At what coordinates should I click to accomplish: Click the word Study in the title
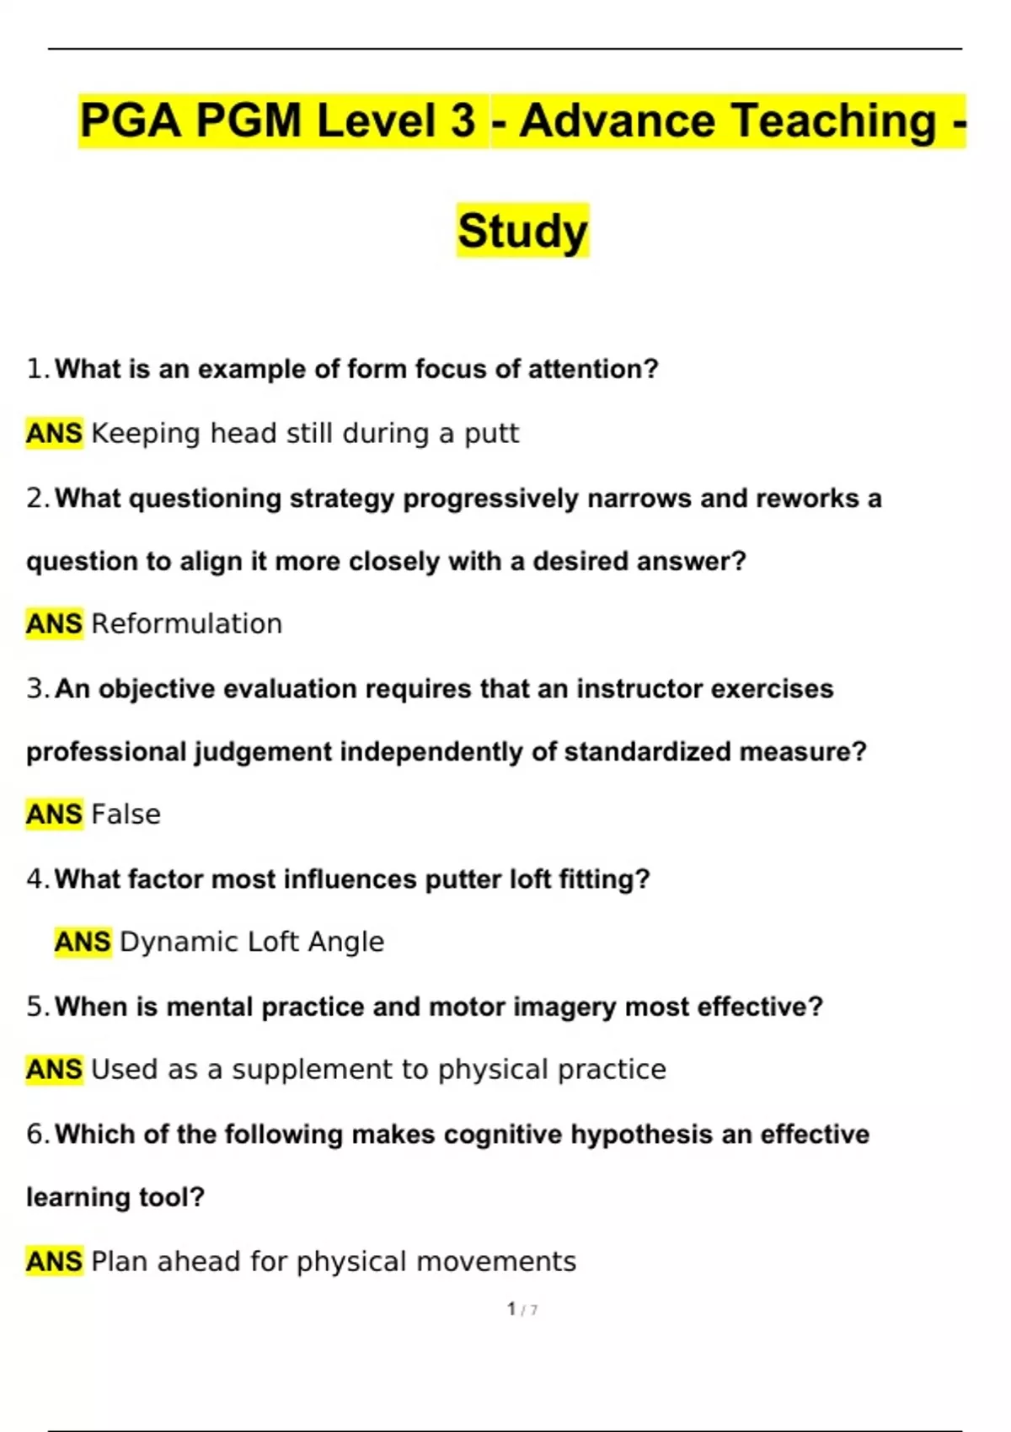coord(522,231)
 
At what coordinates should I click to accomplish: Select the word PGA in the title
coord(131,120)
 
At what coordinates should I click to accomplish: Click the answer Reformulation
coord(186,624)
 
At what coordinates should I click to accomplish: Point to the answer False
coord(126,815)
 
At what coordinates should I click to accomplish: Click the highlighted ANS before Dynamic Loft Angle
coord(83,942)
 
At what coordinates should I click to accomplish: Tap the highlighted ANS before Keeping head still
coord(54,434)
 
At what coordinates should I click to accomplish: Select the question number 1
coord(36,369)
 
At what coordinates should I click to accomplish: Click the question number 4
coord(36,879)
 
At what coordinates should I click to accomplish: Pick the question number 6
coord(36,1135)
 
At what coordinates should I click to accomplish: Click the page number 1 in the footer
coord(511,1308)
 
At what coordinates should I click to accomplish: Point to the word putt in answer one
coord(491,434)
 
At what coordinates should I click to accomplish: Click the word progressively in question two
coord(490,499)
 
